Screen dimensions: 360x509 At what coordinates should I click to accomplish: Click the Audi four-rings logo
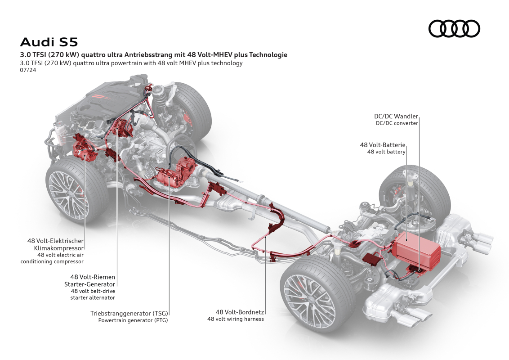(x=454, y=29)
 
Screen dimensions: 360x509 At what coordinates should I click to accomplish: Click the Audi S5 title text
(x=49, y=42)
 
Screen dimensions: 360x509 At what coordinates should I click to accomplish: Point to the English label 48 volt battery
(x=386, y=152)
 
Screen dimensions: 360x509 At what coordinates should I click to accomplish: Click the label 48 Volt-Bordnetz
(x=240, y=312)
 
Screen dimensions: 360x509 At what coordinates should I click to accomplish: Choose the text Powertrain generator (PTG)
(x=133, y=320)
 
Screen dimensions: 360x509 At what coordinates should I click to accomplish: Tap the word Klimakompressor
(x=58, y=247)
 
